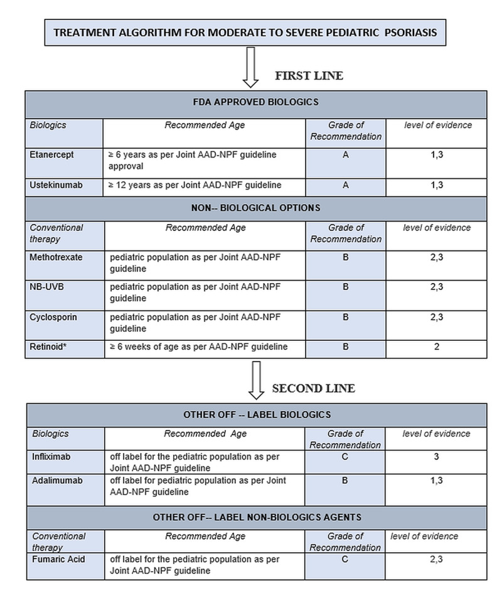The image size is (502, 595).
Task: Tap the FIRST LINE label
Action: pyautogui.click(x=309, y=76)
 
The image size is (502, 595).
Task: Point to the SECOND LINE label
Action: pyautogui.click(x=313, y=389)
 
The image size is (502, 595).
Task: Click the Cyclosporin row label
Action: pyautogui.click(x=53, y=318)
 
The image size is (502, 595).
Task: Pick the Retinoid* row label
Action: pyautogui.click(x=48, y=346)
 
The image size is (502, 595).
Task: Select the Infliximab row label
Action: pyautogui.click(x=50, y=457)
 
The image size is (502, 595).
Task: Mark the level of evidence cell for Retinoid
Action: pyautogui.click(x=437, y=347)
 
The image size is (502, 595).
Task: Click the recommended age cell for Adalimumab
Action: pyautogui.click(x=205, y=486)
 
